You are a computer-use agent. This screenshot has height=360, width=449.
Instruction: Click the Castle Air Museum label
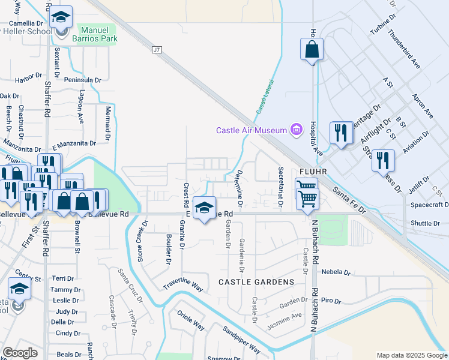pos(253,130)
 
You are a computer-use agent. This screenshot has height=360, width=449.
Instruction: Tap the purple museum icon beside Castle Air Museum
pos(295,129)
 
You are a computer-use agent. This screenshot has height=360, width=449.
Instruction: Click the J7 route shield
pos(157,50)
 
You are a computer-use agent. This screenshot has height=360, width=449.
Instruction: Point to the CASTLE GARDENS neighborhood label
pos(256,282)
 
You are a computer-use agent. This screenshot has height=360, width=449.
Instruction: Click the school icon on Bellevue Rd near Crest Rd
pos(204,208)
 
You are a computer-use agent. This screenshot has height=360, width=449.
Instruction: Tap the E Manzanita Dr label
pos(74,144)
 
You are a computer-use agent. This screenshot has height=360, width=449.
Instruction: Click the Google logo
pos(20,353)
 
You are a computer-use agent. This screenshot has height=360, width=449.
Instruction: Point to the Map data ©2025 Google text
pos(411,355)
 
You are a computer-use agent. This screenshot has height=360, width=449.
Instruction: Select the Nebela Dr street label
pos(336,272)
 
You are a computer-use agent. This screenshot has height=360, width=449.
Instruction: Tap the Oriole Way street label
pos(191,322)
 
